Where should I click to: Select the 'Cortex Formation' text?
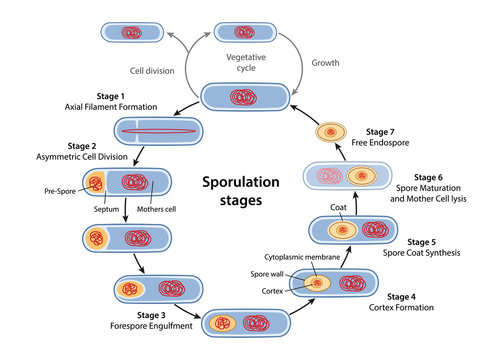coord(409,308)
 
